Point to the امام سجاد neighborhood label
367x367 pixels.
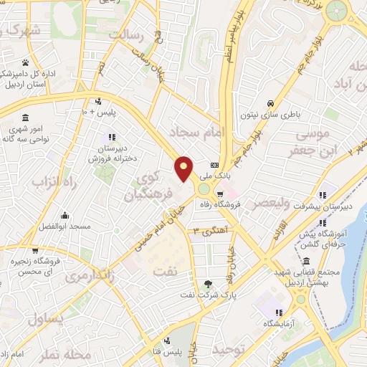tap(196, 131)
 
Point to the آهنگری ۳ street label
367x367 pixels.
tap(205, 231)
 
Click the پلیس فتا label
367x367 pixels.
tap(186, 351)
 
